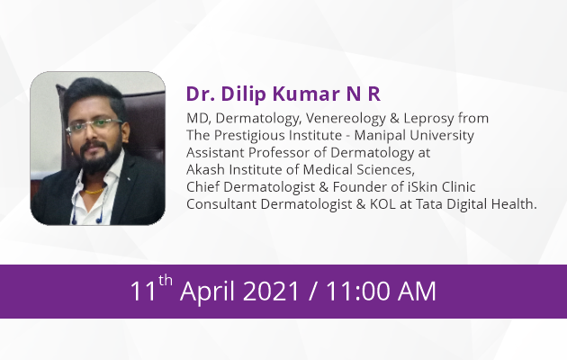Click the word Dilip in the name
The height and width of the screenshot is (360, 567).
click(x=243, y=94)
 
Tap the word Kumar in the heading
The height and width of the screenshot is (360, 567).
click(x=306, y=94)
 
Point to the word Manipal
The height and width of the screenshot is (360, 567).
click(x=380, y=136)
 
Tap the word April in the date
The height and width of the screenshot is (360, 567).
click(x=207, y=292)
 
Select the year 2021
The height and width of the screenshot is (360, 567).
click(x=271, y=292)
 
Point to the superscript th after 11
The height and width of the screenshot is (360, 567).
click(x=166, y=280)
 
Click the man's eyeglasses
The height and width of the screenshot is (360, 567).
click(x=94, y=125)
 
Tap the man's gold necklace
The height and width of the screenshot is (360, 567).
click(x=94, y=191)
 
